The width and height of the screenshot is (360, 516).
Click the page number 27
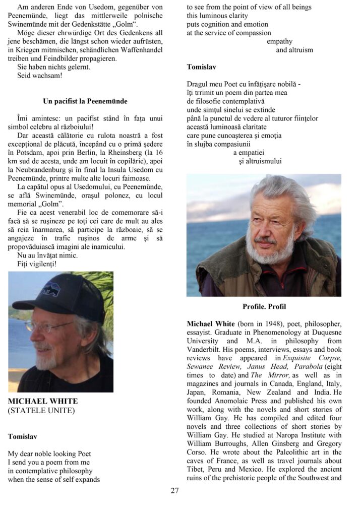pyautogui.click(x=174, y=490)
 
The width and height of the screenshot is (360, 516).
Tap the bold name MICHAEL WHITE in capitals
pyautogui.click(x=43, y=402)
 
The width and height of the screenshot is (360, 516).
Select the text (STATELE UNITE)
pyautogui.click(x=41, y=411)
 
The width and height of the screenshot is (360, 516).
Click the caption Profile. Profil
pyautogui.click(x=264, y=306)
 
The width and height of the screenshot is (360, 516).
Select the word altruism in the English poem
pyautogui.click(x=294, y=50)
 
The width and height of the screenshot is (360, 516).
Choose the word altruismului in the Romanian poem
pyautogui.click(x=260, y=161)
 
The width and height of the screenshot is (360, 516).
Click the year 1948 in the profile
pyautogui.click(x=267, y=322)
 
